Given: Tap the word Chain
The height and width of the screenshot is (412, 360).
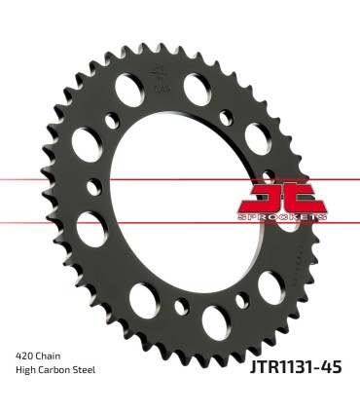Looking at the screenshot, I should coord(54,356).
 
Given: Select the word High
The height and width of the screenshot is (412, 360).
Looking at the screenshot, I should coord(27,370).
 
